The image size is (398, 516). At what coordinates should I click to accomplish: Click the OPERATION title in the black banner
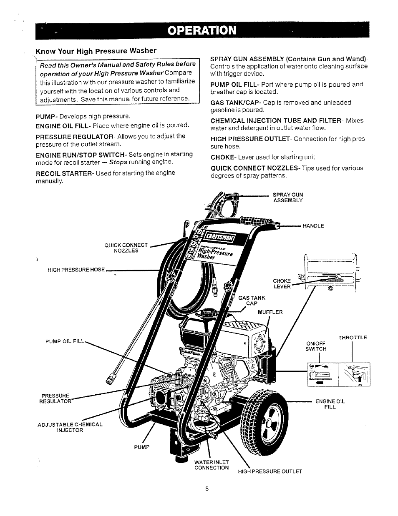[x=203, y=31]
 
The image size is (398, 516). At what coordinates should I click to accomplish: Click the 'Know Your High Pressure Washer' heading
[x=96, y=51]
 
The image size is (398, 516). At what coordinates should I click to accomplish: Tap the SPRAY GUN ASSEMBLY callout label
[x=288, y=197]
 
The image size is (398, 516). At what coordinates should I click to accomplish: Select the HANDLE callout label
[x=313, y=225]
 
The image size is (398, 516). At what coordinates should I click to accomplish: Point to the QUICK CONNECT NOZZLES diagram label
[x=126, y=248]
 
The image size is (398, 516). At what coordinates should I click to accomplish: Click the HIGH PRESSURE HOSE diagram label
[x=76, y=270]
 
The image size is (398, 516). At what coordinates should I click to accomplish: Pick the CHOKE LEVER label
[x=282, y=283]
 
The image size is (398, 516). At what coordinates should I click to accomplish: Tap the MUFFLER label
[x=270, y=312]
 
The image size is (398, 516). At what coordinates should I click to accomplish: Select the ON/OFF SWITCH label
[x=316, y=346]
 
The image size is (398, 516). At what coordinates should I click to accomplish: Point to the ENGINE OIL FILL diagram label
[x=330, y=404]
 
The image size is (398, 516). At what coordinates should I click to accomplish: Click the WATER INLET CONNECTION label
[x=212, y=465]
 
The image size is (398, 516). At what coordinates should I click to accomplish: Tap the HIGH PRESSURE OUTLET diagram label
[x=270, y=471]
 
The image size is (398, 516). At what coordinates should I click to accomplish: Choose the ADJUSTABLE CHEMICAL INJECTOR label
[x=70, y=427]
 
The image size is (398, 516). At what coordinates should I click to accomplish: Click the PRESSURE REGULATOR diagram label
[x=55, y=398]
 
